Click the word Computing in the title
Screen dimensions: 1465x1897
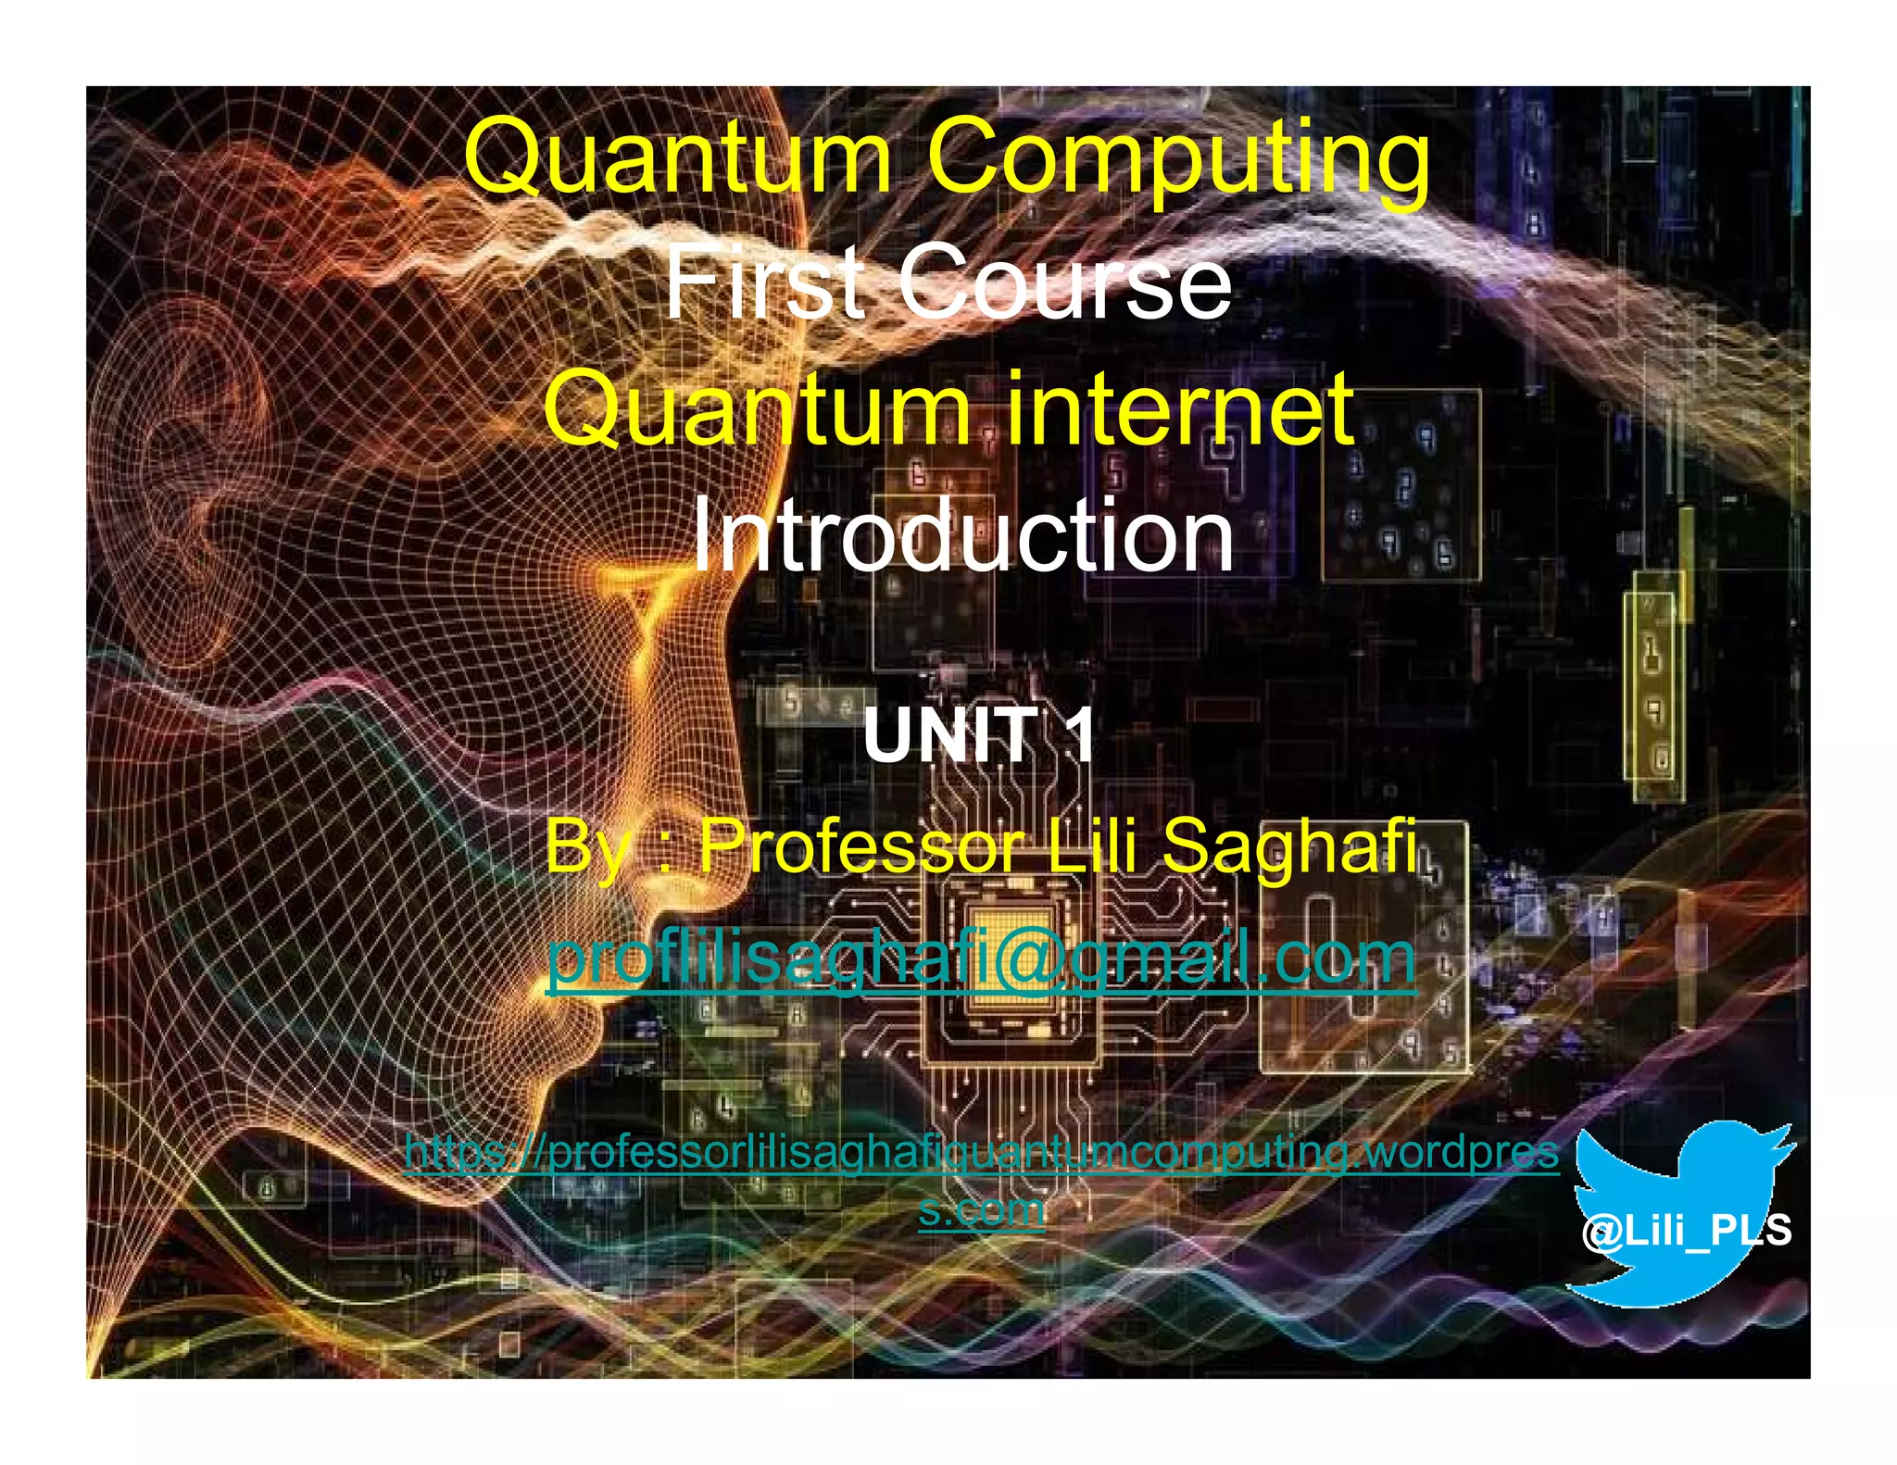(x=1178, y=157)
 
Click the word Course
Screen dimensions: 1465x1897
(x=1065, y=281)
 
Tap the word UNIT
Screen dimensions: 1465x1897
(x=950, y=735)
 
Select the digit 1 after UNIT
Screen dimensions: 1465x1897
(x=1076, y=735)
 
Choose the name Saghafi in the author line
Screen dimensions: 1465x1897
(x=1288, y=846)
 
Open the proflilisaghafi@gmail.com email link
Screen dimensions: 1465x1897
(x=981, y=959)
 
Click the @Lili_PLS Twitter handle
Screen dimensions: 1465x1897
(x=1687, y=1231)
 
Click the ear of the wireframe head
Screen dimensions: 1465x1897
(x=199, y=417)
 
